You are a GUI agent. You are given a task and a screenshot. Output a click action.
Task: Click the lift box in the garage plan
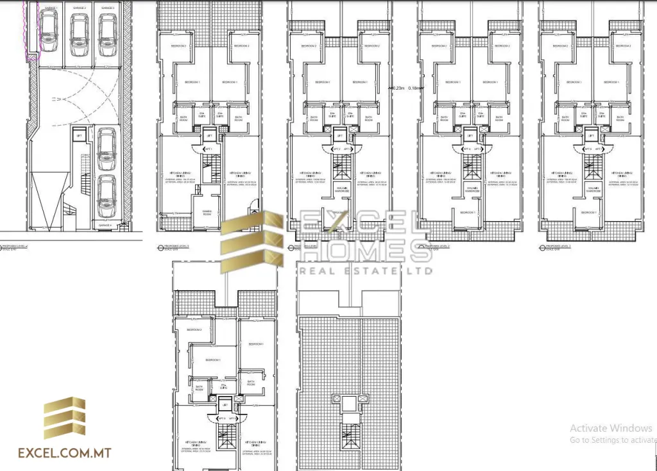pos(80,136)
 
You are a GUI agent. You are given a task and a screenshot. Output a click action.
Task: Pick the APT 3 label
pos(346,149)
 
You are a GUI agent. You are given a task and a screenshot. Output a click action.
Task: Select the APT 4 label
pos(468,149)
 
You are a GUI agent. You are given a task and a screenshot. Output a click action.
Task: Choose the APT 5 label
pos(478,149)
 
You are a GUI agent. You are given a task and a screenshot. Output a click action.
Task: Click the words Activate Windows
pos(610,428)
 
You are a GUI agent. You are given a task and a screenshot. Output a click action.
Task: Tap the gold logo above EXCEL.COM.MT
pos(64,418)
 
